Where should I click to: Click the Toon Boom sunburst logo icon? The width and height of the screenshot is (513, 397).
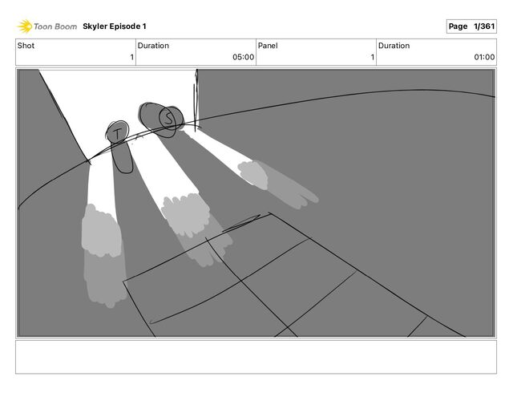tap(25, 26)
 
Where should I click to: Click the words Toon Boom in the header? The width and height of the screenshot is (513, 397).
tap(55, 26)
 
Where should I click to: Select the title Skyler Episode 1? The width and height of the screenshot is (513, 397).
tap(115, 26)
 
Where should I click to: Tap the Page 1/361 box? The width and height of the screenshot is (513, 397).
tap(471, 26)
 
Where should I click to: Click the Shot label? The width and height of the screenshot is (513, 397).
tap(26, 46)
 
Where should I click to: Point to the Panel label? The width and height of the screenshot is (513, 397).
tap(268, 46)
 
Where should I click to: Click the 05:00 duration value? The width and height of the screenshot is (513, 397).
tap(243, 57)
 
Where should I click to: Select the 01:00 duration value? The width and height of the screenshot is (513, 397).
tap(484, 57)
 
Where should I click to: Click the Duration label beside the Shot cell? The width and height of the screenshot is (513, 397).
tap(153, 46)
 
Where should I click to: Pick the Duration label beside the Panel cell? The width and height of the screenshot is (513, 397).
tap(394, 46)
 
